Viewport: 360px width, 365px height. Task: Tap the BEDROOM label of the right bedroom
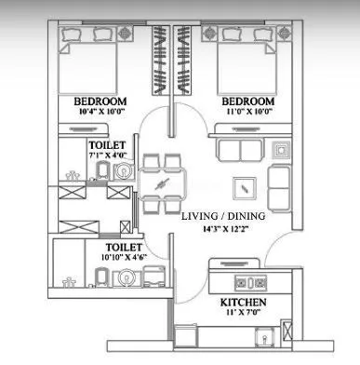click(246, 101)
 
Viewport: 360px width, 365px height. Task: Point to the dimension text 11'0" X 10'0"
click(246, 112)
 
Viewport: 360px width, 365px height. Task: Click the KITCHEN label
click(245, 304)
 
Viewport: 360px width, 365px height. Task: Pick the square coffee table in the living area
click(244, 183)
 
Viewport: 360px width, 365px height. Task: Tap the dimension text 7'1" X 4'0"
click(104, 156)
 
